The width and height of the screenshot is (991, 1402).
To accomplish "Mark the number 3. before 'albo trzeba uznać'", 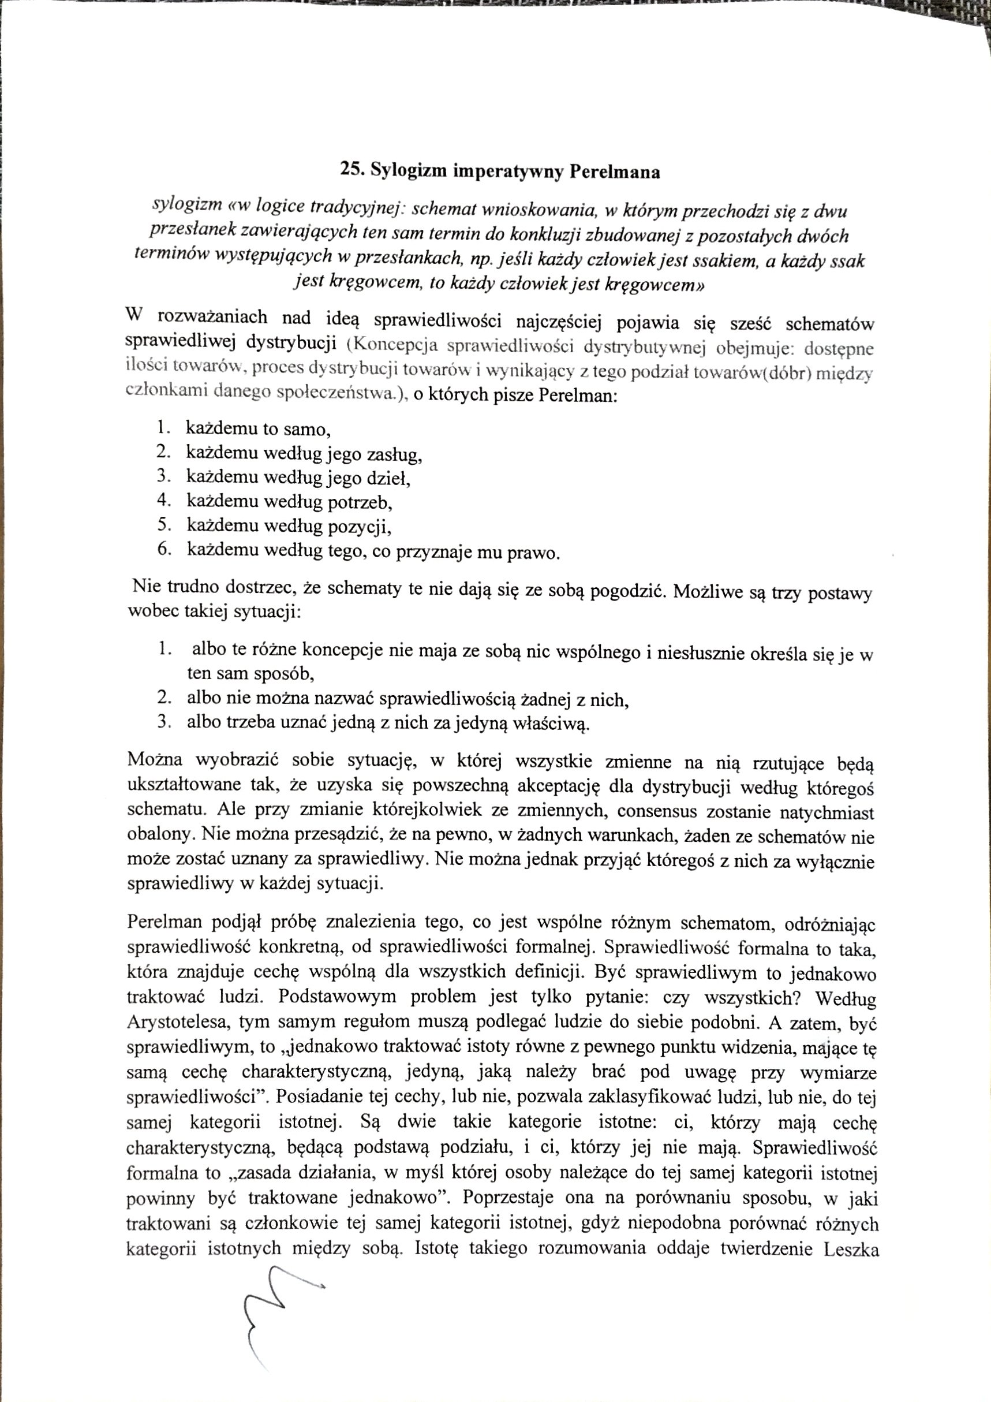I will coord(164,721).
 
